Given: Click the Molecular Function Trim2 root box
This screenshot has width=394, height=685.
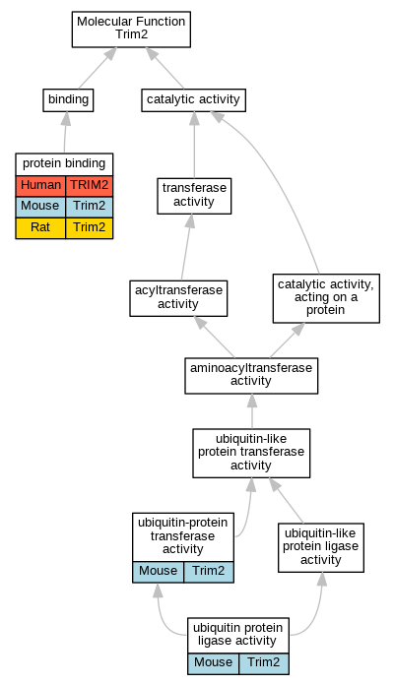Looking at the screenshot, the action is pos(131,30).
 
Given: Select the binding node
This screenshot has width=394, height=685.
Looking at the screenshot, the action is pos(68,100).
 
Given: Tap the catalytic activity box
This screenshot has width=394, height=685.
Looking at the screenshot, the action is pos(193,100).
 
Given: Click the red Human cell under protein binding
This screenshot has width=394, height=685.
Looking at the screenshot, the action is pos(40,186).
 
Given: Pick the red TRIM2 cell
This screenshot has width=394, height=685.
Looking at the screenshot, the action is pos(90,186).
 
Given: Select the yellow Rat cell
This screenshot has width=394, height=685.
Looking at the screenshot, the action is pos(40,227).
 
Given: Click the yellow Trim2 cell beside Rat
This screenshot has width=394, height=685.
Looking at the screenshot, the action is pos(90,227).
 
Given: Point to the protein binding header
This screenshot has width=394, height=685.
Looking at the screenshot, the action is pos(64,163).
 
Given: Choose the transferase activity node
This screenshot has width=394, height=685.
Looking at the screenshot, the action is pos(194,196).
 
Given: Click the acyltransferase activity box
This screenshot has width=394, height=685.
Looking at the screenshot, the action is pos(178,298).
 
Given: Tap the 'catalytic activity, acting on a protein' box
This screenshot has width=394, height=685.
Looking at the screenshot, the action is pos(326,298).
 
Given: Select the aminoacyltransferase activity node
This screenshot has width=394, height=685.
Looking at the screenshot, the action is pos(251,375).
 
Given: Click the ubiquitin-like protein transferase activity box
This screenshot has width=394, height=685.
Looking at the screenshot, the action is pos(251,453).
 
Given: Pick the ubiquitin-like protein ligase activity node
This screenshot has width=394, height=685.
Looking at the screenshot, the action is pos(321,547).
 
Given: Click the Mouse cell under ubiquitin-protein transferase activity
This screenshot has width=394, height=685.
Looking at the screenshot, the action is pos(159,572).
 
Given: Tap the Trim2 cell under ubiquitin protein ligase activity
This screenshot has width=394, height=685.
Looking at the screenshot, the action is pos(264,663).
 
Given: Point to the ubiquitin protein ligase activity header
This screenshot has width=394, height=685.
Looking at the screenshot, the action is pos(238,635).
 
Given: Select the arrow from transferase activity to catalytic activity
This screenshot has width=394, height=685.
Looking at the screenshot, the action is pos(194,145).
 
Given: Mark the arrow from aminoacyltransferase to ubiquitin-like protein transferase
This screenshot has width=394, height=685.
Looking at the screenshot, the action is pos(252,411).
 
